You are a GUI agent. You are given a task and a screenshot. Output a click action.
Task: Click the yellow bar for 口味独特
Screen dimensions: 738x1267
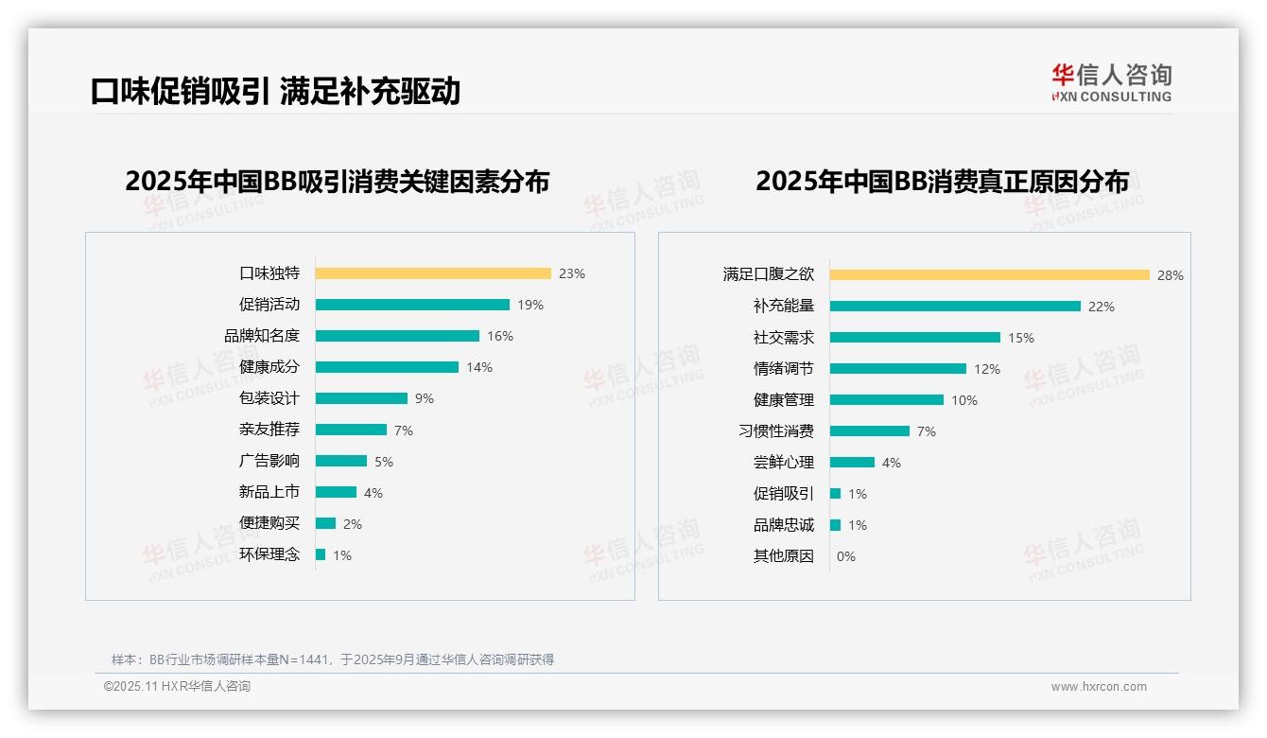click(x=432, y=273)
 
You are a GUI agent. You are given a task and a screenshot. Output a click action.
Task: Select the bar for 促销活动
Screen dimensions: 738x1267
click(x=412, y=305)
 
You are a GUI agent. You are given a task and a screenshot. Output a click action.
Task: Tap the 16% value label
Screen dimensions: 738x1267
click(x=500, y=336)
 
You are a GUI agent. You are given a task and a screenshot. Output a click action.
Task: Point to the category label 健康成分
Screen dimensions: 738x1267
click(x=269, y=367)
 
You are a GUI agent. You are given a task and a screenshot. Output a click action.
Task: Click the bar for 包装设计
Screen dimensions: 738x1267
click(x=361, y=398)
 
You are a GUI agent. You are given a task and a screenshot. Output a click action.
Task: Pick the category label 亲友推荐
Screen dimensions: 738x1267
click(x=269, y=430)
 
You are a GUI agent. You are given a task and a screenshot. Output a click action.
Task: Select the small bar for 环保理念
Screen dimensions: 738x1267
click(x=321, y=554)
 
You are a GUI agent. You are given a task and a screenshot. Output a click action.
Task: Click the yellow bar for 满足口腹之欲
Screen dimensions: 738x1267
click(x=989, y=275)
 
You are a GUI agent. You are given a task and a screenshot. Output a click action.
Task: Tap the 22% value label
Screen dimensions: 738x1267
click(x=1102, y=307)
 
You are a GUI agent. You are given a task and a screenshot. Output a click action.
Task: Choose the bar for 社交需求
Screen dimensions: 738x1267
click(x=914, y=338)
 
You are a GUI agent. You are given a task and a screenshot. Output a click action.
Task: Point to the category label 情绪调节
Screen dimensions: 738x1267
click(x=783, y=369)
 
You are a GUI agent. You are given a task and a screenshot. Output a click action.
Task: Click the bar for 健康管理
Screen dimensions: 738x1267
click(x=886, y=400)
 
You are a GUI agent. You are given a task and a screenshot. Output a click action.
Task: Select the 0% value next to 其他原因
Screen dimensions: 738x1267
click(x=845, y=556)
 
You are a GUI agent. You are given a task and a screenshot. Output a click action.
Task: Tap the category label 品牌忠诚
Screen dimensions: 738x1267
click(x=783, y=525)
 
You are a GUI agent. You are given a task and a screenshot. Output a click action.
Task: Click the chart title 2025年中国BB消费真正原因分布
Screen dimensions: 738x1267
click(x=942, y=182)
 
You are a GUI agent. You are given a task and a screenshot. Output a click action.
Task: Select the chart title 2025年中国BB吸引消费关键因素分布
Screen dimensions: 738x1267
click(x=337, y=182)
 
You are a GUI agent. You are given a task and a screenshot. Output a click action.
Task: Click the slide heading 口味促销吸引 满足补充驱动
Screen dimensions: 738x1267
click(x=275, y=91)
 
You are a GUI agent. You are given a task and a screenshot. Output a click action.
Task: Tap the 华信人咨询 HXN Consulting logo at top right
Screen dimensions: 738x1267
click(x=1111, y=83)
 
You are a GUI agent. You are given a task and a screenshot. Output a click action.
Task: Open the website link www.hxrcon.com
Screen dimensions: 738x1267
click(x=1099, y=687)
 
